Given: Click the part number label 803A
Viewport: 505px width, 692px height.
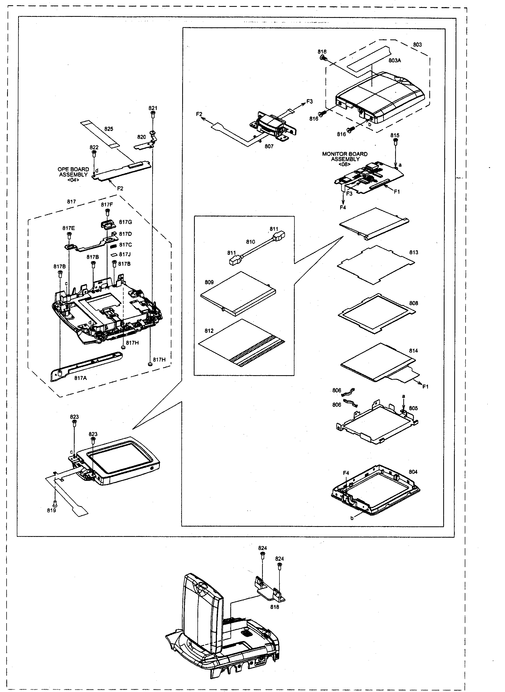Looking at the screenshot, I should point(395,60).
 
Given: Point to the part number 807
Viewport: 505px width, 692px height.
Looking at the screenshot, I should point(269,146).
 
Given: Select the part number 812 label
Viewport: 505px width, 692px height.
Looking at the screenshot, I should point(209,331).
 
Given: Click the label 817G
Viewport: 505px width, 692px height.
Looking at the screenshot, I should point(126,222).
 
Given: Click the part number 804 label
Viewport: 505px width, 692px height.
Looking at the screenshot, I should point(413,472).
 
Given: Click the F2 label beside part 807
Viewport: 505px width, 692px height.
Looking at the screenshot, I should point(199,114).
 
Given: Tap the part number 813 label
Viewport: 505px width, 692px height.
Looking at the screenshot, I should point(414,252).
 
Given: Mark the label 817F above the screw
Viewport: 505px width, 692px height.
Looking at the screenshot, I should point(107,205).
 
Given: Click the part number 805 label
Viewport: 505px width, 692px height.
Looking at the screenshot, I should point(413,408).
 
